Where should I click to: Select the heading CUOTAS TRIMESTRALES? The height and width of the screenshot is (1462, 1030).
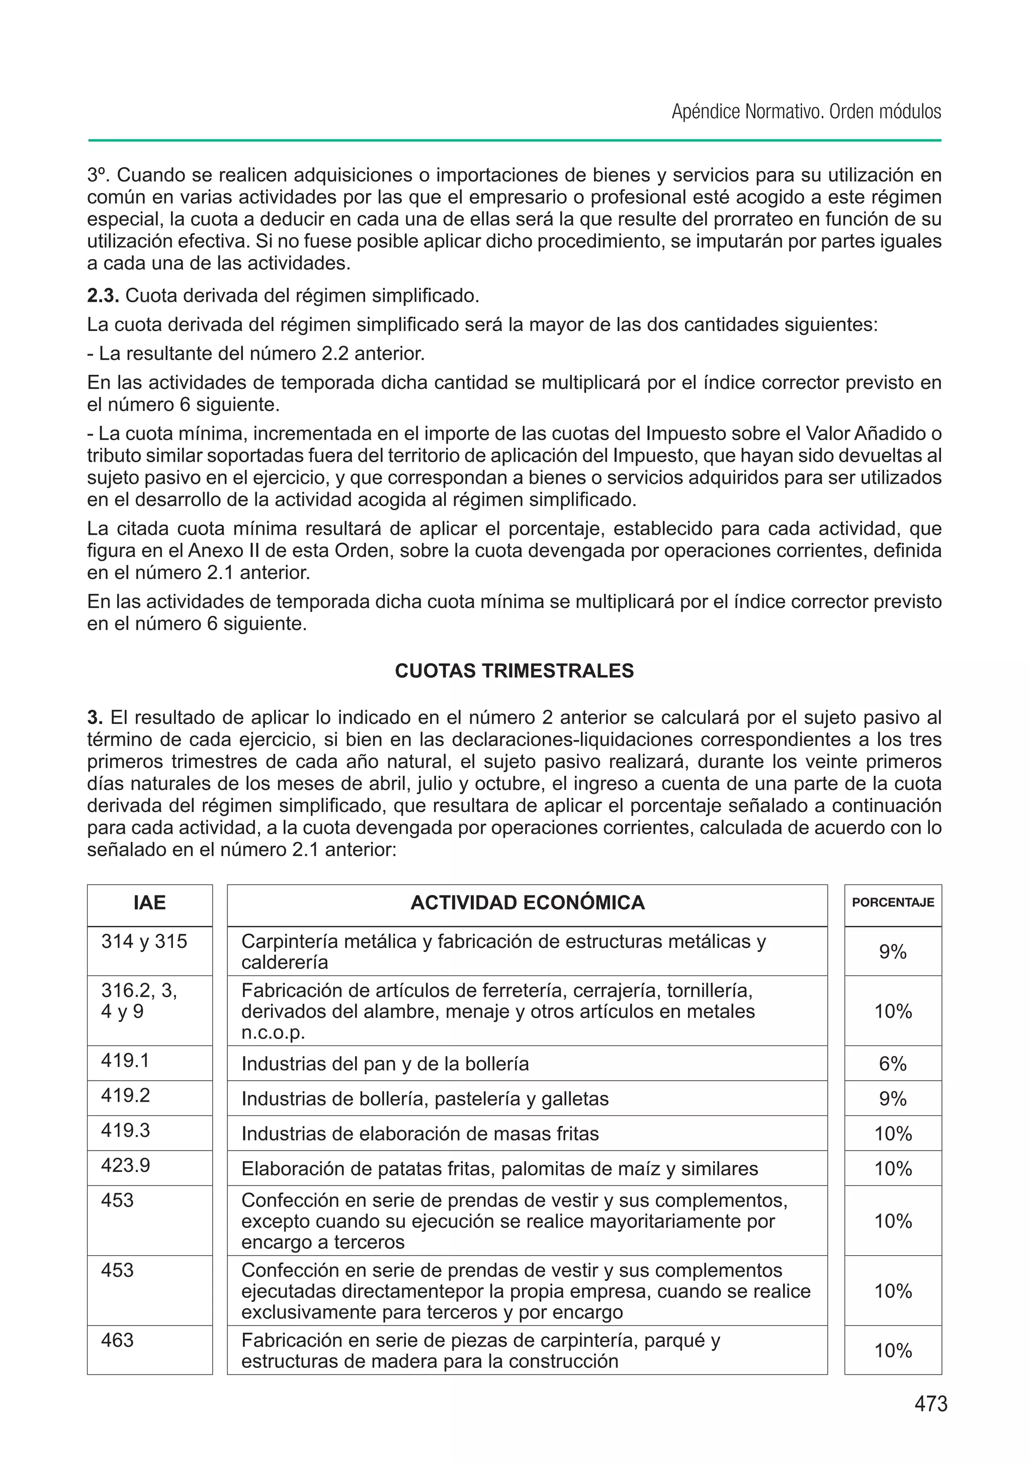click(x=514, y=671)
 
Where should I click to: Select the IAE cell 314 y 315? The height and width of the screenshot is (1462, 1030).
click(x=144, y=942)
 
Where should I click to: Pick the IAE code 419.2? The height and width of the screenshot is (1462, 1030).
click(x=125, y=1095)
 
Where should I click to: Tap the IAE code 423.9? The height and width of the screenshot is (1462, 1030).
click(x=125, y=1165)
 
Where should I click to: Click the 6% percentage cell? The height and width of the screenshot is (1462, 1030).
click(x=893, y=1064)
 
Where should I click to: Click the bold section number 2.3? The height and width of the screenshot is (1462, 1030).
click(x=103, y=296)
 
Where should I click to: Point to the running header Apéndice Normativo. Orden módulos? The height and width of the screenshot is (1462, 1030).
click(x=806, y=112)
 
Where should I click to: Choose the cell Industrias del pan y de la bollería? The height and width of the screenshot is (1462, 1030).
click(x=385, y=1064)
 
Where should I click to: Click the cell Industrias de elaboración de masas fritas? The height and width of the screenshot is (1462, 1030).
click(x=420, y=1134)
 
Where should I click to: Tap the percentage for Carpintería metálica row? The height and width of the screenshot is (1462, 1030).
click(x=893, y=952)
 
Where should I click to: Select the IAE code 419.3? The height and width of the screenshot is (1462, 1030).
click(x=125, y=1130)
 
